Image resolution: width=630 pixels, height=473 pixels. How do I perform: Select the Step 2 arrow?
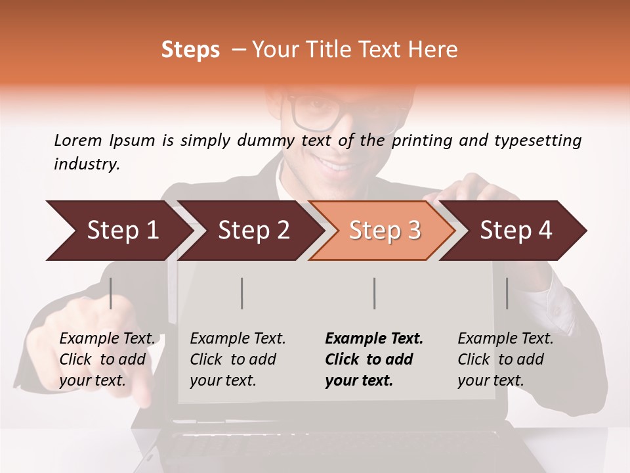[253, 231]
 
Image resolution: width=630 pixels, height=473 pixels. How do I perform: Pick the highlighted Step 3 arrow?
[385, 231]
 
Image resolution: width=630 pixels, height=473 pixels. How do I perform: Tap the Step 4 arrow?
[516, 231]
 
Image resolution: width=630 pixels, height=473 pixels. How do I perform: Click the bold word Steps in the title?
[190, 50]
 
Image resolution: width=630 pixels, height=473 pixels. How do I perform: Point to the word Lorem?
[78, 140]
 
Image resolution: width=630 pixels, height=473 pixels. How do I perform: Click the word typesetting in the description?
[537, 141]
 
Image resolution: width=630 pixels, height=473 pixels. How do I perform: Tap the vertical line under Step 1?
[111, 293]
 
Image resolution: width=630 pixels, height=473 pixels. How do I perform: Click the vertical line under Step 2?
[242, 293]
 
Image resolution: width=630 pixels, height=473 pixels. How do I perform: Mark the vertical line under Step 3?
[374, 293]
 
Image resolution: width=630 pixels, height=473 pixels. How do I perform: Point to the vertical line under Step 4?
[507, 293]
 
